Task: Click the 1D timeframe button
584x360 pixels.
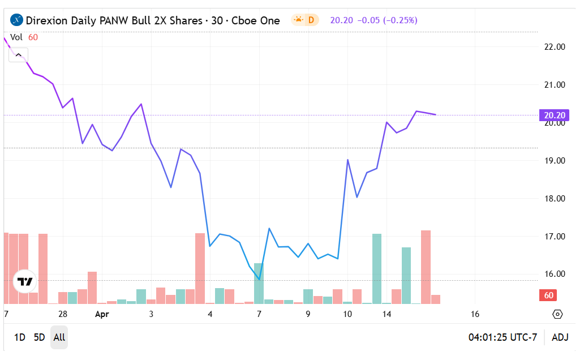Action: [x=19, y=337]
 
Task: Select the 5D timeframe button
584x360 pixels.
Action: [x=39, y=337]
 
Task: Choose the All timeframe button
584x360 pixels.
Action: [x=59, y=337]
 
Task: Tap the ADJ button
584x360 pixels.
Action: [x=560, y=337]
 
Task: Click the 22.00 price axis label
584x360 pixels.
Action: [x=554, y=47]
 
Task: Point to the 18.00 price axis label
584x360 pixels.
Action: [x=554, y=199]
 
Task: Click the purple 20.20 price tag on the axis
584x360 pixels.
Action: [x=555, y=115]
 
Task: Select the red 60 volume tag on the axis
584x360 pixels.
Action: [x=548, y=295]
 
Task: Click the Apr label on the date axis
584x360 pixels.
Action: [x=102, y=314]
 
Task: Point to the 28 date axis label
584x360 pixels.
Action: [x=63, y=314]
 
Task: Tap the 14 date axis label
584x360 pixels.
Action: [x=387, y=314]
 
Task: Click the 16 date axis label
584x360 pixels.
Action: [x=475, y=314]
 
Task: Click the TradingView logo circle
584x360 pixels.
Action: [x=25, y=281]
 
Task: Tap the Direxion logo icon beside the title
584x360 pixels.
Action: [x=17, y=20]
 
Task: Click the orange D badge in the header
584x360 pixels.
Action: [x=311, y=20]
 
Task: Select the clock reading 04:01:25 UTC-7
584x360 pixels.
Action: [x=503, y=337]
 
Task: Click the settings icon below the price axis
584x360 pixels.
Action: [x=557, y=314]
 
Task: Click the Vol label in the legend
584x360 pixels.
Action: [x=16, y=37]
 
